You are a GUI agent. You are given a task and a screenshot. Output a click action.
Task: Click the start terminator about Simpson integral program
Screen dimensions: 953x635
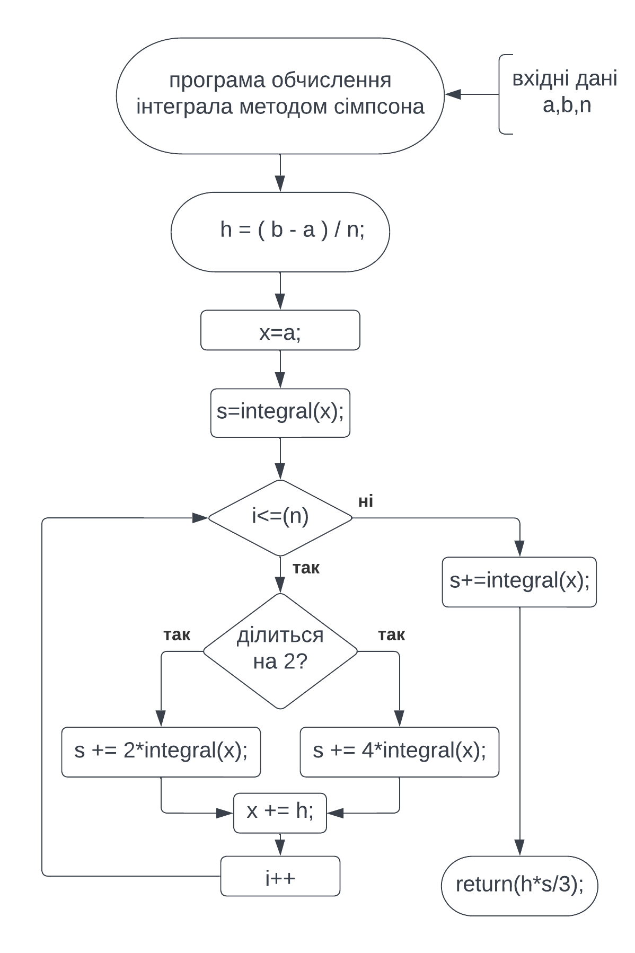click(280, 95)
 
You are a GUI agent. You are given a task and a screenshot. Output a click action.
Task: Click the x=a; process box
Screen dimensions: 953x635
click(280, 330)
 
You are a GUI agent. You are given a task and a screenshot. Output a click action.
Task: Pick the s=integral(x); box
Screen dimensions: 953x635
click(280, 413)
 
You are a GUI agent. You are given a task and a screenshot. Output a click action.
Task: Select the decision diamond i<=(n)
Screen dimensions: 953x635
click(280, 517)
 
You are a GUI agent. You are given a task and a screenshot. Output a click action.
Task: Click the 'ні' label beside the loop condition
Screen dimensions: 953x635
click(366, 501)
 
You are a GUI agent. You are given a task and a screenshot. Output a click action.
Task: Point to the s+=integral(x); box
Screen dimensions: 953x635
click(519, 581)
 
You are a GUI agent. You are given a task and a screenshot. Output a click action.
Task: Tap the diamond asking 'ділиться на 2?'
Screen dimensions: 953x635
click(280, 650)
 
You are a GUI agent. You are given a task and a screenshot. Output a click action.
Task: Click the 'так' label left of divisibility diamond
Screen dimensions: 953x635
click(177, 635)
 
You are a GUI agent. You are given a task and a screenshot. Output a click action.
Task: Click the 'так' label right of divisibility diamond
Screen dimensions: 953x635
click(391, 635)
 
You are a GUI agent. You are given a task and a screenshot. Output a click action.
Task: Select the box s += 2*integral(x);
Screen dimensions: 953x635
click(161, 752)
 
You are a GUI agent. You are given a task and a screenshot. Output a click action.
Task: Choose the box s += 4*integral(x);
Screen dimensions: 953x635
click(399, 752)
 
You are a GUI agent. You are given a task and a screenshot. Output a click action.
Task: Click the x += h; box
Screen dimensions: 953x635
click(280, 813)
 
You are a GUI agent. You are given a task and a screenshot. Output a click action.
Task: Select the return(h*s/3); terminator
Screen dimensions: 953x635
click(519, 885)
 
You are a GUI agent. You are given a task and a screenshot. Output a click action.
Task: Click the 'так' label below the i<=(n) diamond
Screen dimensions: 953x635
click(306, 568)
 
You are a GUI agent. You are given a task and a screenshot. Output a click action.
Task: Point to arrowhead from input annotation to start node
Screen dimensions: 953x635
click(452, 94)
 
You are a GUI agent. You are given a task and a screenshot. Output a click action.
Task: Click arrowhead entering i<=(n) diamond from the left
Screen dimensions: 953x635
click(200, 517)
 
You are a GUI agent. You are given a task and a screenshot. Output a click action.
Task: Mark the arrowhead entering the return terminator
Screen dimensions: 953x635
click(519, 848)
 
